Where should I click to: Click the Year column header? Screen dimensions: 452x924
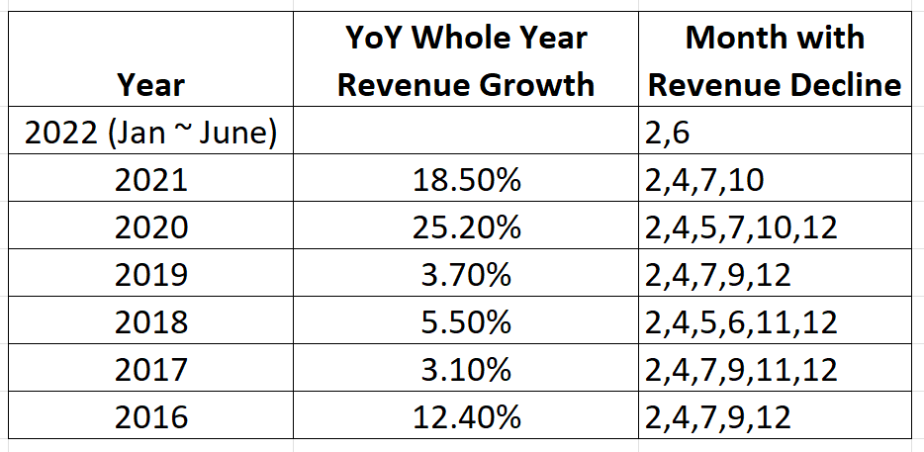point(151,86)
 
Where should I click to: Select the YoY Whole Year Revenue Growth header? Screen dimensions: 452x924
point(465,61)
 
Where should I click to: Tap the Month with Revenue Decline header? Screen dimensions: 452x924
point(775,61)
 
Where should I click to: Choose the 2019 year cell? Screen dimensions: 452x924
point(151,275)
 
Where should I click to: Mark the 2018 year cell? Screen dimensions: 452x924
point(151,322)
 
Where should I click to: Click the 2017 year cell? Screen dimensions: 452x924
point(151,370)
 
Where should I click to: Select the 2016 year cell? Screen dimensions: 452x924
point(151,416)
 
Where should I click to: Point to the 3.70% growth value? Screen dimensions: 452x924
point(465,275)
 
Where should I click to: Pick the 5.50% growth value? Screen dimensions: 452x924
point(465,322)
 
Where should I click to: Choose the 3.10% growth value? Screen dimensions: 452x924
point(465,370)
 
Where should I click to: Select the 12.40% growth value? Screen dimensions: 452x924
point(465,416)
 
